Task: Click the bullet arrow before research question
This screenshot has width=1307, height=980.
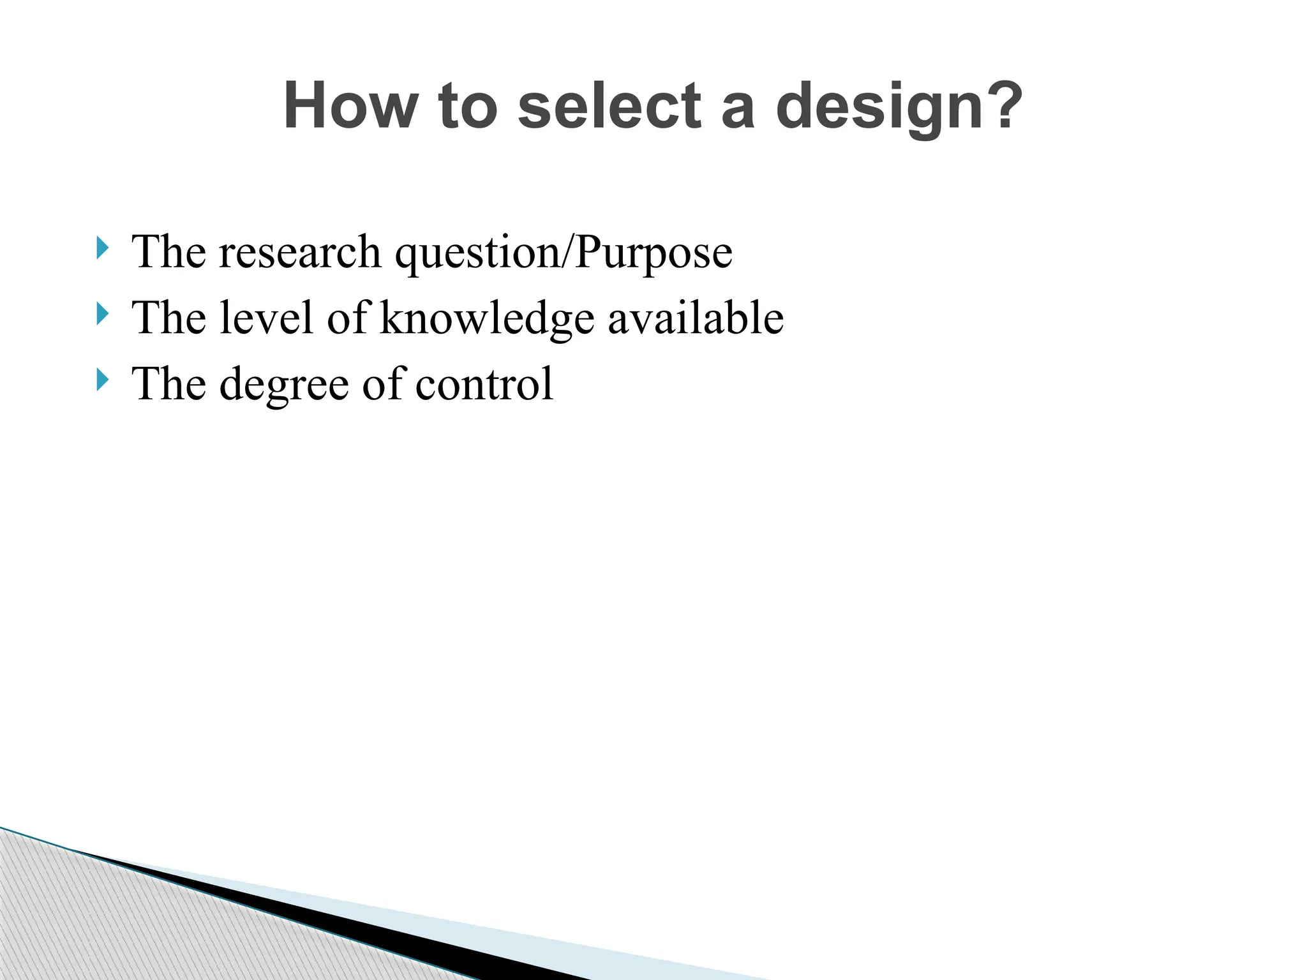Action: pos(102,248)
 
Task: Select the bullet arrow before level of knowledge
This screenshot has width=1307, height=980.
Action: pos(102,314)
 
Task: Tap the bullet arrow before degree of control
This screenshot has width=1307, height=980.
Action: pos(102,380)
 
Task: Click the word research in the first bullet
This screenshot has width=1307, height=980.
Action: pos(300,253)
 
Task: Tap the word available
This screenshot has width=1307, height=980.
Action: pos(695,318)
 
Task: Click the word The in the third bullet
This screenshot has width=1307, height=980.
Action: pos(168,384)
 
